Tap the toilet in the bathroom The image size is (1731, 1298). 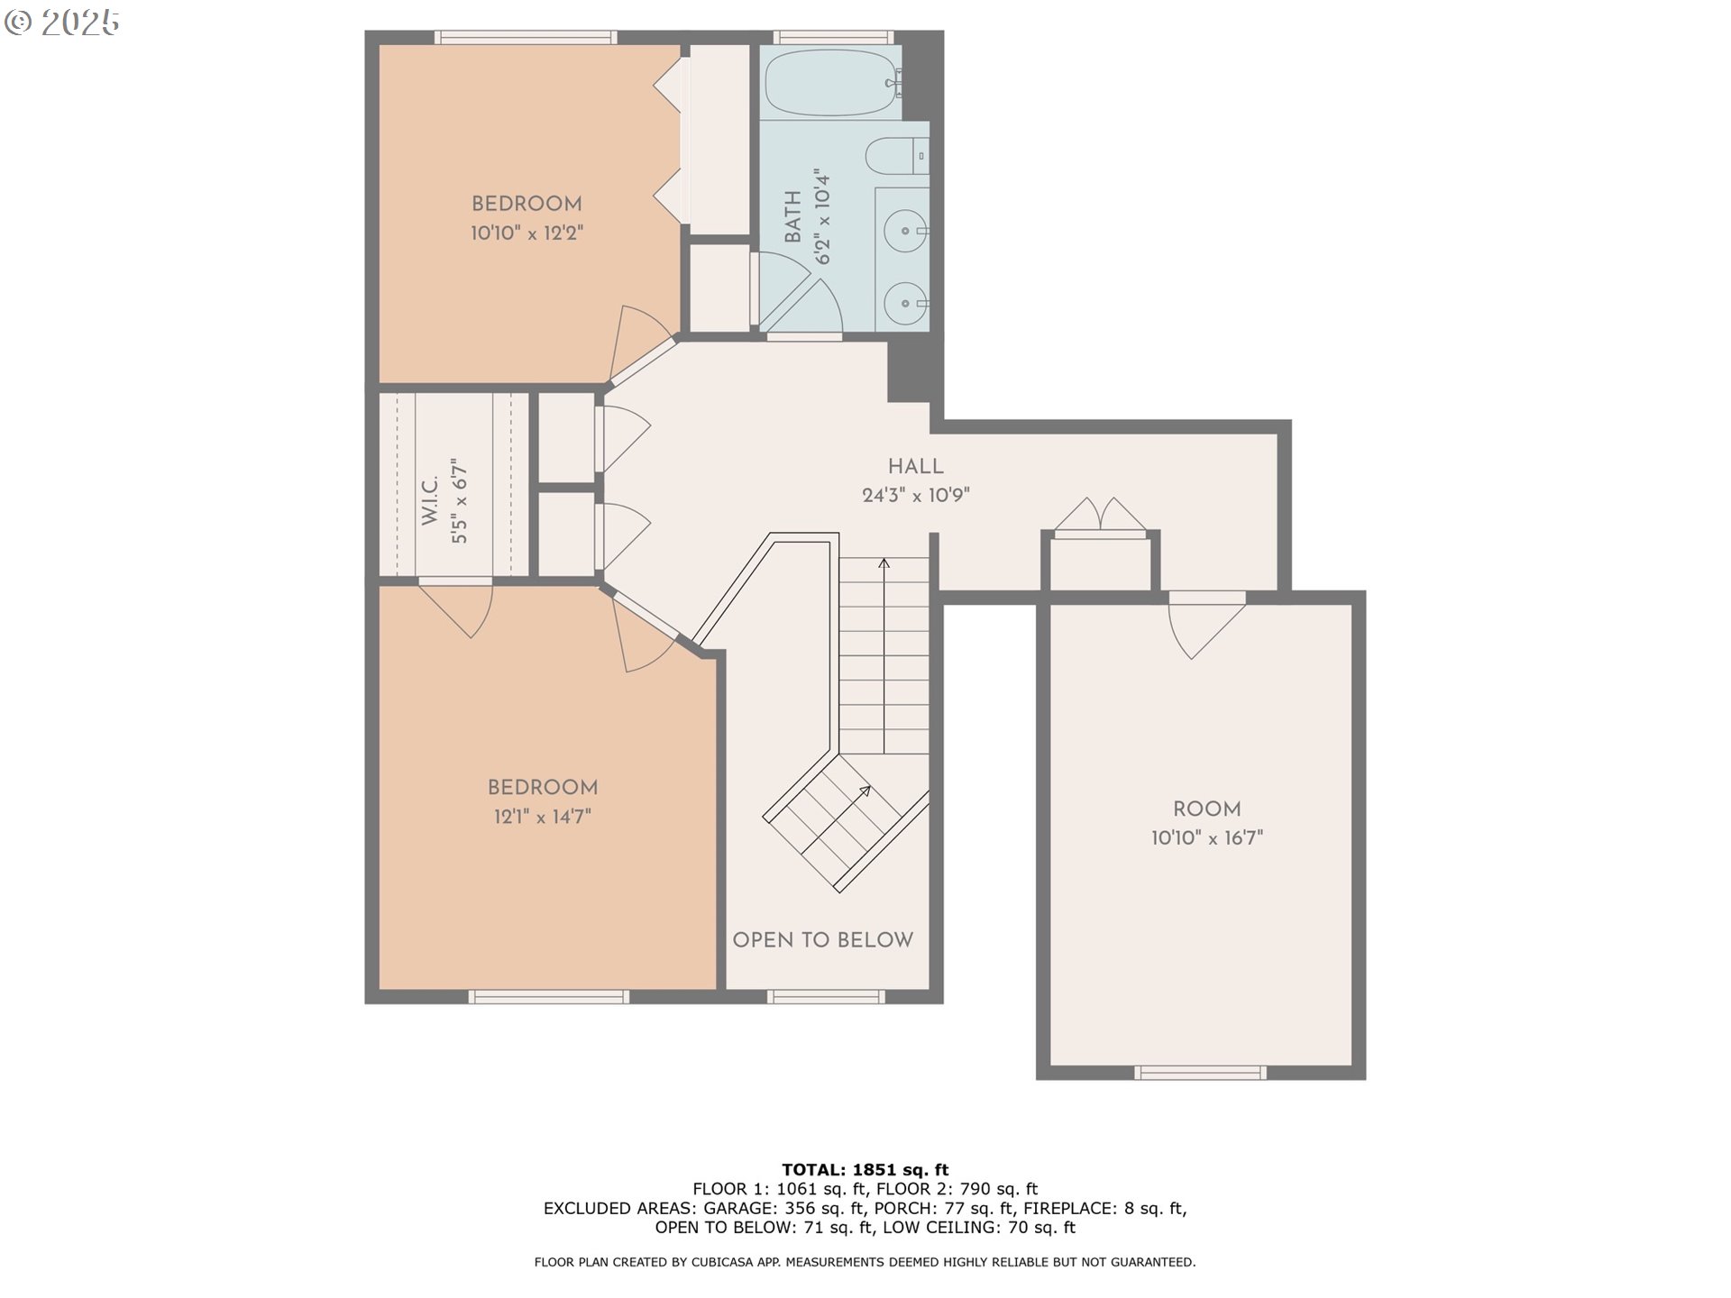895,156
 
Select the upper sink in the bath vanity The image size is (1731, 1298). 904,231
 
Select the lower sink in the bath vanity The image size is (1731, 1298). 904,305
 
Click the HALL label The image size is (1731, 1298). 915,466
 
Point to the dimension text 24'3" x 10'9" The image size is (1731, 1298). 915,495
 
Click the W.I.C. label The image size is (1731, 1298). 430,500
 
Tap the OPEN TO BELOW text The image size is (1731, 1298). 822,940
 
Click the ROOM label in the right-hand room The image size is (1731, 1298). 1206,809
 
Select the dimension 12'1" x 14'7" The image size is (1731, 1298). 542,817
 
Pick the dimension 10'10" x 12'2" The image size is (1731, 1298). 527,233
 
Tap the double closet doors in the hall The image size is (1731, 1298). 1100,516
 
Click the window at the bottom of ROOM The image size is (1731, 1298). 1199,1073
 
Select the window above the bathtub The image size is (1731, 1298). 833,37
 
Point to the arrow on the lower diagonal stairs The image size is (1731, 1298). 864,791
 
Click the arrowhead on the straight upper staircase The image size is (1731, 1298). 884,564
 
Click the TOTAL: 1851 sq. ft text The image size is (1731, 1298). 865,1170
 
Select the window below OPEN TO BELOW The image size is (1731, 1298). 826,996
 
